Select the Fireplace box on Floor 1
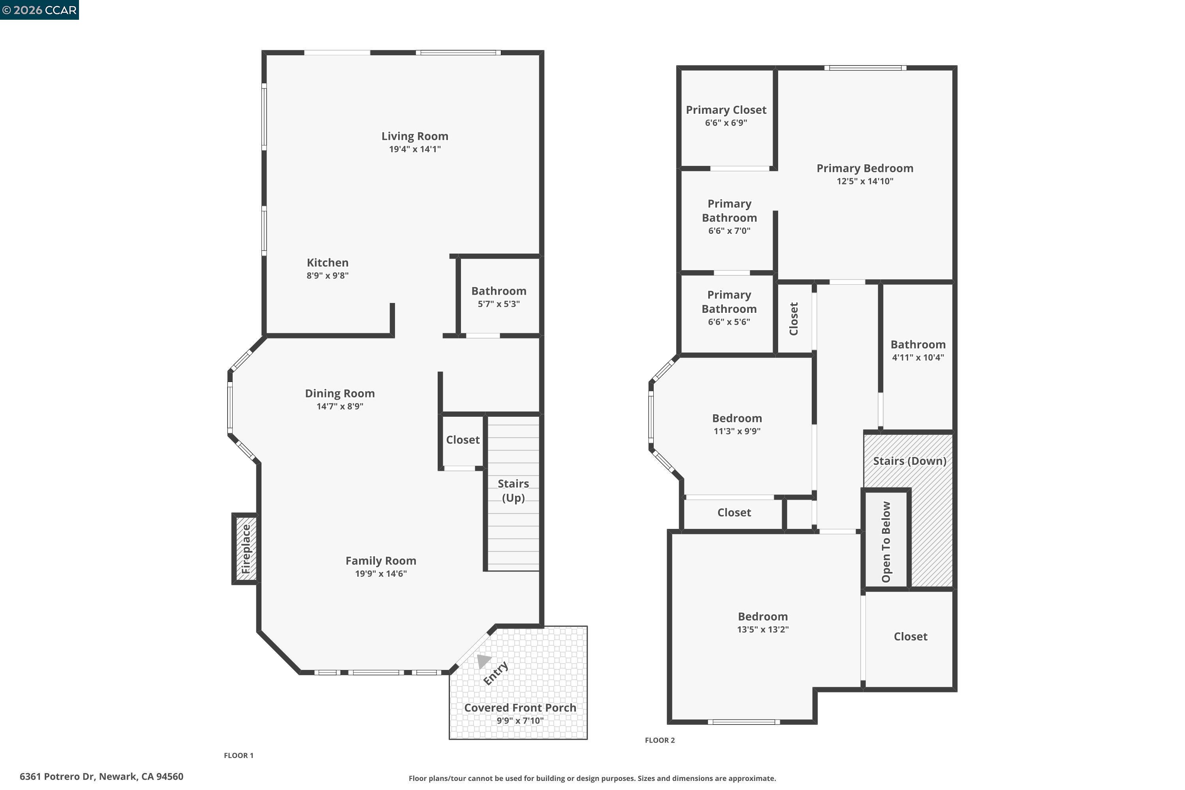245,549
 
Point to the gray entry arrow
483,660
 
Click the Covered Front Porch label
519,707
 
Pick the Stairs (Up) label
513,490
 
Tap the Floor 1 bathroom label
498,291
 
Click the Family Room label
380,561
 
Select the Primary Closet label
726,110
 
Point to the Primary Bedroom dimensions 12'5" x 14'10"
865,181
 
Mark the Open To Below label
886,542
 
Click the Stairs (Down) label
909,461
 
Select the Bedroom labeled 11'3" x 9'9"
737,418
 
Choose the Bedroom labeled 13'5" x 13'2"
762,616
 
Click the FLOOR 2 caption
660,740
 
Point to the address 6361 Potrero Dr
101,777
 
